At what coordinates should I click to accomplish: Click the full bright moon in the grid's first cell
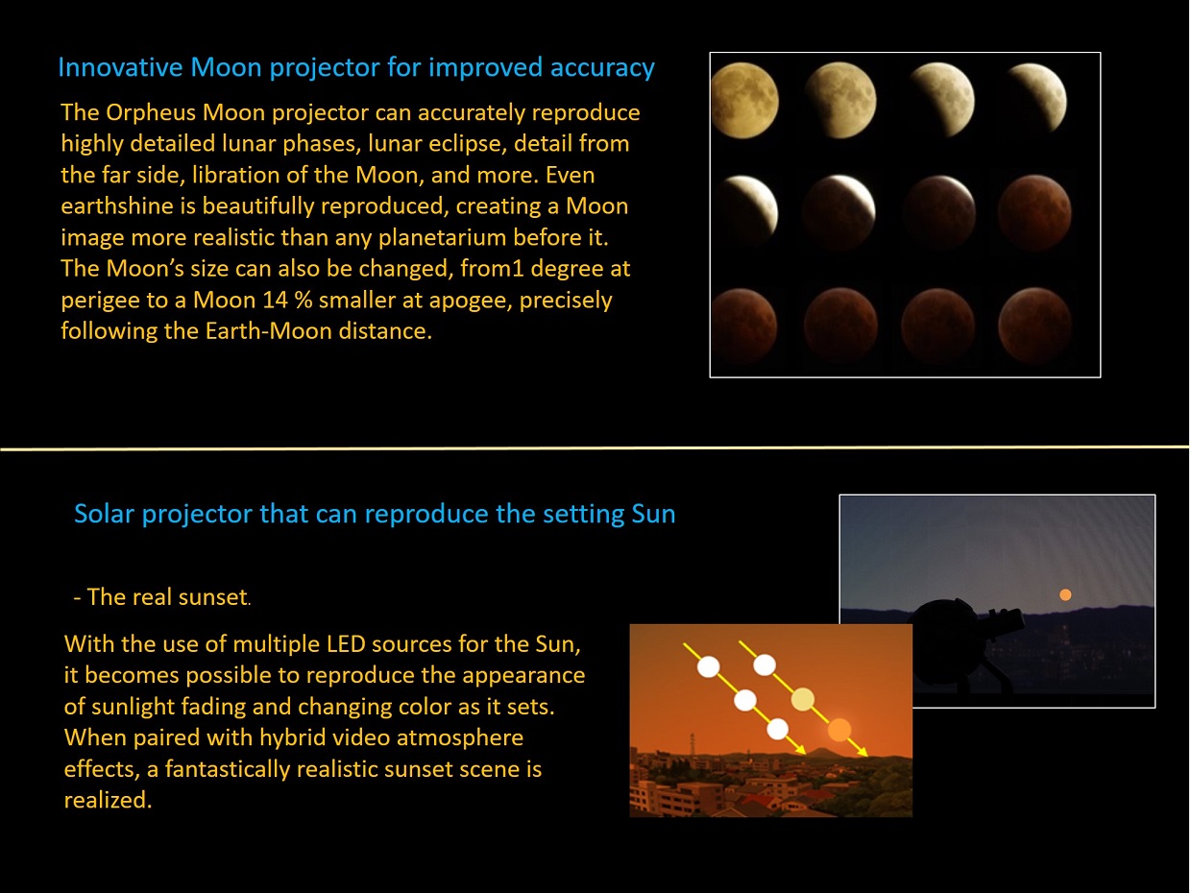click(x=745, y=100)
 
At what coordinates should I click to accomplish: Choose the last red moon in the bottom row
click(x=1034, y=326)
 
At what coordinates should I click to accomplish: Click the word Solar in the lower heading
click(x=104, y=514)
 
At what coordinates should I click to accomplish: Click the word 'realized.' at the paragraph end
click(x=108, y=800)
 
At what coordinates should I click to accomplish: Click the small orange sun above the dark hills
click(x=1065, y=594)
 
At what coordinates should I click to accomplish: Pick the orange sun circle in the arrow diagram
click(x=839, y=730)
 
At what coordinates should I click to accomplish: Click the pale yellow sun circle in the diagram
click(x=803, y=699)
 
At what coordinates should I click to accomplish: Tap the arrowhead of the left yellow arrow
click(x=801, y=749)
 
